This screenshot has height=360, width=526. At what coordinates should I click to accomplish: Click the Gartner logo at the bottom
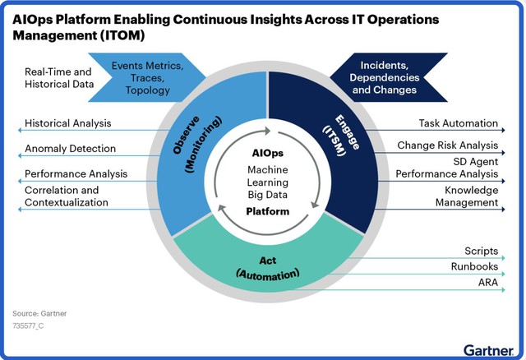tap(489, 350)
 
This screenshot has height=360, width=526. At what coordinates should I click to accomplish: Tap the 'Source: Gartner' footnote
tap(39, 313)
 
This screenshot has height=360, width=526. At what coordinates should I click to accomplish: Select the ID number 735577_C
tap(28, 325)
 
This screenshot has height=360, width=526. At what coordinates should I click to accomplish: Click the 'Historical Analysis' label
tap(67, 123)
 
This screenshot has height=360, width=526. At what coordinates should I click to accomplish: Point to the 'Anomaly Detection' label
tap(70, 148)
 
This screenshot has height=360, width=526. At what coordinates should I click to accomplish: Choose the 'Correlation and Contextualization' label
tap(67, 196)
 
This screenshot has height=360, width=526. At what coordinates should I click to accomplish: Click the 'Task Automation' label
tap(459, 123)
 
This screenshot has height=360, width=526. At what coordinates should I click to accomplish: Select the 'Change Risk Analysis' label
tap(447, 145)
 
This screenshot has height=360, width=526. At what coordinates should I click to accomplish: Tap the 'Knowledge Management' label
tap(467, 196)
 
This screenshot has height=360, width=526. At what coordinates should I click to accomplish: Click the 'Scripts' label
tap(481, 251)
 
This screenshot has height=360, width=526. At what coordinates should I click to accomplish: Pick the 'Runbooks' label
tap(474, 266)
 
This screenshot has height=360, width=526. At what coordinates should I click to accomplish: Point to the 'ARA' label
tap(488, 282)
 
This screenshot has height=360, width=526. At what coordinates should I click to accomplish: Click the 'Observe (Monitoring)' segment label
tap(197, 145)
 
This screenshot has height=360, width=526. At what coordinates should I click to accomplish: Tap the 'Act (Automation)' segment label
tap(268, 268)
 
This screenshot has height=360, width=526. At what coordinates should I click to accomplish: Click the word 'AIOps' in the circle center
tap(268, 153)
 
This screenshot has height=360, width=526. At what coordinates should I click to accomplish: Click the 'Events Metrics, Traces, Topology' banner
tap(148, 77)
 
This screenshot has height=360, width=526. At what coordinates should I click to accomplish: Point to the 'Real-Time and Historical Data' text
tap(59, 78)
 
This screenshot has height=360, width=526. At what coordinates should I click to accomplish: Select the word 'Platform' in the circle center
tap(268, 211)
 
